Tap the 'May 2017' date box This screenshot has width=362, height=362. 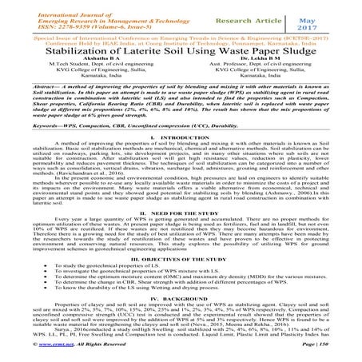324,14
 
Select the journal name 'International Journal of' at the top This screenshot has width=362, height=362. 47,6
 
